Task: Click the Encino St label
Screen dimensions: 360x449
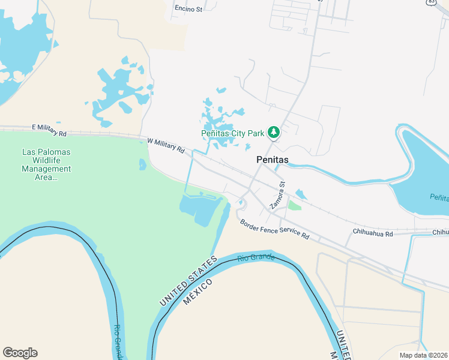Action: click(x=188, y=8)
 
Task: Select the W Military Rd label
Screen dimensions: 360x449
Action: click(x=166, y=145)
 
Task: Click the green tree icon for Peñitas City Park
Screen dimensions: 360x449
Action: click(x=274, y=132)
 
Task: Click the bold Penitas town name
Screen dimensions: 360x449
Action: click(x=273, y=160)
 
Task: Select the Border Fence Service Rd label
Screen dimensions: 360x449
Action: click(x=274, y=229)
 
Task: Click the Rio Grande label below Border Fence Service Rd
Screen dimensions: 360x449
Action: click(x=256, y=258)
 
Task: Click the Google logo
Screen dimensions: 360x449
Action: click(x=20, y=352)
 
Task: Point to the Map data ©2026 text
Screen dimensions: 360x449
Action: click(x=423, y=355)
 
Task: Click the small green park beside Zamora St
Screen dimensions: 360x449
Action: click(x=294, y=205)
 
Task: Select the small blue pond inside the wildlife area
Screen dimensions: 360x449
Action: click(x=143, y=164)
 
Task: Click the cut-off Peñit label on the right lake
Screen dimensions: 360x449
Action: click(x=439, y=197)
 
